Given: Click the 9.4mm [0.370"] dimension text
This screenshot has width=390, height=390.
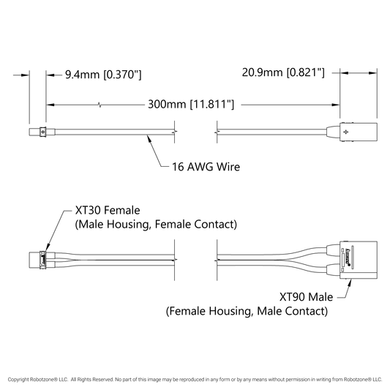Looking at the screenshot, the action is tap(103, 75).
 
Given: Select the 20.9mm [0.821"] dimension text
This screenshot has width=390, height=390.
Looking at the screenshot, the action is tap(283, 72).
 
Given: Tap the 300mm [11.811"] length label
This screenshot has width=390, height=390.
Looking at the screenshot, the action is tap(191, 104).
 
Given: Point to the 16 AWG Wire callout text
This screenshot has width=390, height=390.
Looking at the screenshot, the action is tap(206, 167).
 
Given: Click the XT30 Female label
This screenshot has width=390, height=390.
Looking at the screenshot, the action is tap(108, 211).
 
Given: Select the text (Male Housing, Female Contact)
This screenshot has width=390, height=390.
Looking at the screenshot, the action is tap(156, 225).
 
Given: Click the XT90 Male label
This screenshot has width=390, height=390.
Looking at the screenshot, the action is tap(306, 297).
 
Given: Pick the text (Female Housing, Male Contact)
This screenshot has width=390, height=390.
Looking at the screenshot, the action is tap(247, 311).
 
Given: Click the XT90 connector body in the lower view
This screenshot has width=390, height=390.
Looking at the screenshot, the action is tap(359, 260).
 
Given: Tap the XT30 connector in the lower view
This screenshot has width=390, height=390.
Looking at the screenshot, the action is tap(42, 260).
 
